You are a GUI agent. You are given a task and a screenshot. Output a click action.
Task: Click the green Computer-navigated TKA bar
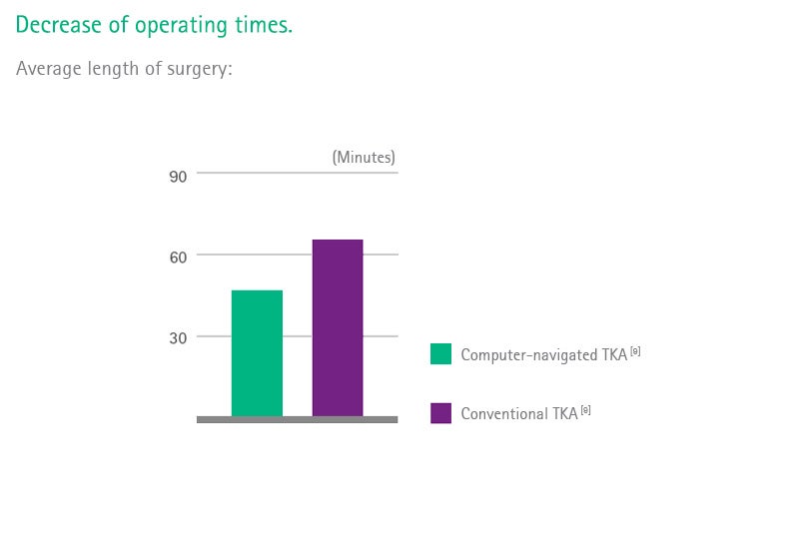click(x=257, y=353)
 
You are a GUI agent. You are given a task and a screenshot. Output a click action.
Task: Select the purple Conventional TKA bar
click(x=338, y=327)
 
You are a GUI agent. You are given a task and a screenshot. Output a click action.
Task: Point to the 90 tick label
click(x=178, y=177)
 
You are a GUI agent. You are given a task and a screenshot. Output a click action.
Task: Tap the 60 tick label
click(x=178, y=258)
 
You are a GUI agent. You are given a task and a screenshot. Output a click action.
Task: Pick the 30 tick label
click(x=178, y=338)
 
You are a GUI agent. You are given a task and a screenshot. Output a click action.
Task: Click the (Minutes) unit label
click(x=364, y=158)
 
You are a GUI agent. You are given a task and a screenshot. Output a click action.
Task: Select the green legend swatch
click(x=440, y=353)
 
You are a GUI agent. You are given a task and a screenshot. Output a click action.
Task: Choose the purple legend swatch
click(x=440, y=413)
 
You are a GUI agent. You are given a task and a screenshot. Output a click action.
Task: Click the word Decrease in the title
click(x=59, y=24)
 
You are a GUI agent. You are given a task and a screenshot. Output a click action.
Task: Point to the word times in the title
click(x=264, y=24)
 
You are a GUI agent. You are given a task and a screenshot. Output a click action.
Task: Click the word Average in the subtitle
click(x=49, y=68)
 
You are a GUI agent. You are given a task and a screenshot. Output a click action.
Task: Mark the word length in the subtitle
click(x=113, y=69)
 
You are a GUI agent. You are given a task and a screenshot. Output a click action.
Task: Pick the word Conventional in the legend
click(x=510, y=413)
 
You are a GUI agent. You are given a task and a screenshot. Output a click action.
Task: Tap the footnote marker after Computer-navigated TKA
click(x=635, y=351)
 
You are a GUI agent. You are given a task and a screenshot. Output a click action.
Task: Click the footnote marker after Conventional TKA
click(x=586, y=410)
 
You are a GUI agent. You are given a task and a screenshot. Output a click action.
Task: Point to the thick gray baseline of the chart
click(x=297, y=419)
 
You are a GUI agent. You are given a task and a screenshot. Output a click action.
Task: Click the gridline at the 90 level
click(x=297, y=173)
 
